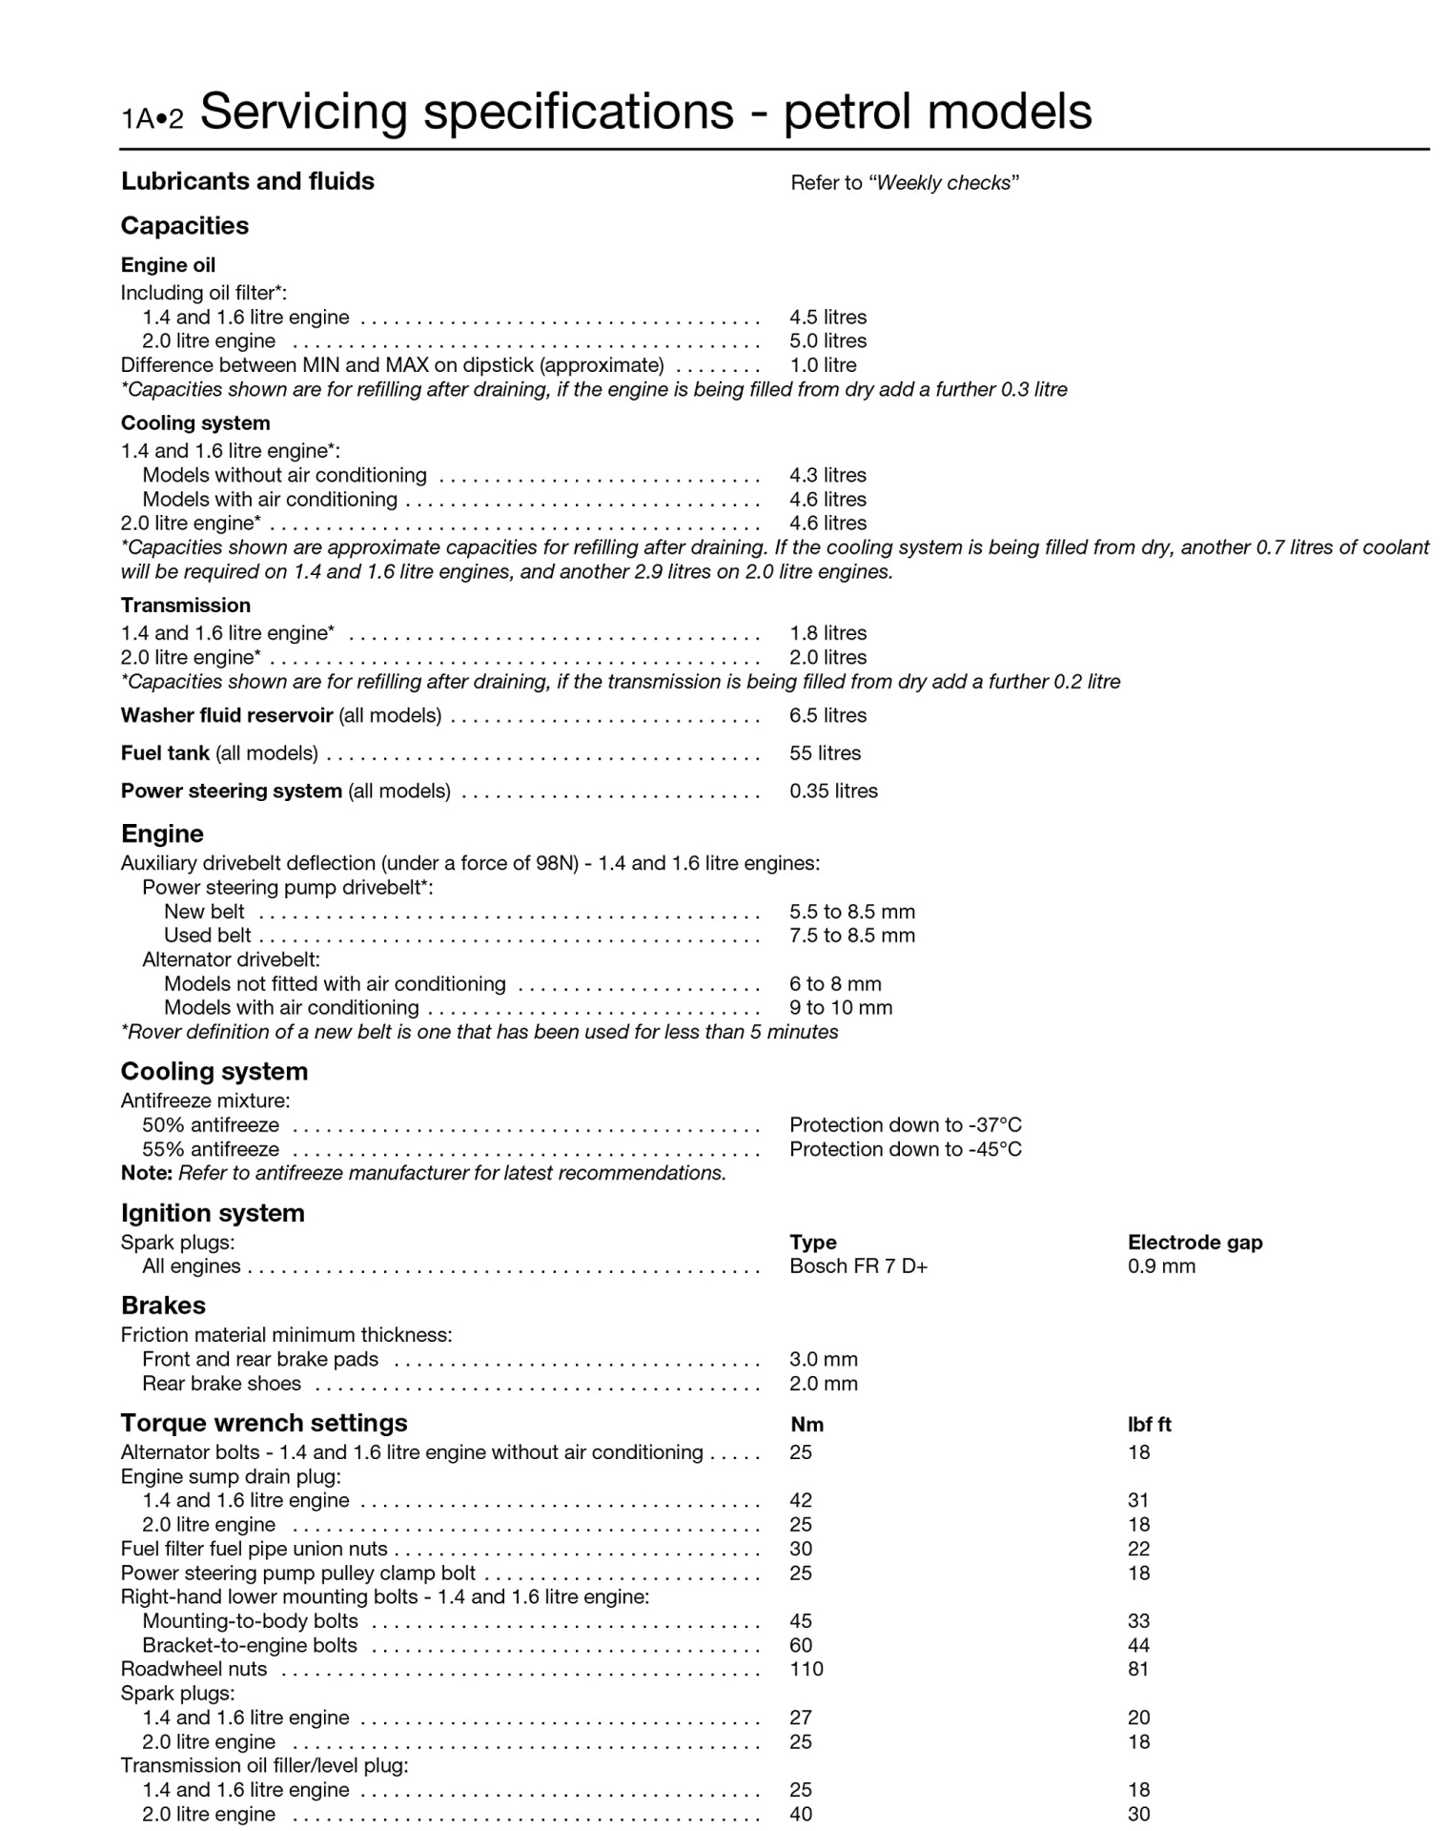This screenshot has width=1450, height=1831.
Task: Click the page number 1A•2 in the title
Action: [152, 118]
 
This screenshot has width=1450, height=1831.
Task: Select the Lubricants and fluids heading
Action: [247, 181]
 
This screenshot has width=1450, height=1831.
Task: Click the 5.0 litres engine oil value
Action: [827, 341]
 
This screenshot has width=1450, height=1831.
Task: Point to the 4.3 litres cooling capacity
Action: [827, 475]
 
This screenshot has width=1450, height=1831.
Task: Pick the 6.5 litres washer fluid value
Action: [827, 715]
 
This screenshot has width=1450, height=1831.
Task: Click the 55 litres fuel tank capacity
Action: [825, 753]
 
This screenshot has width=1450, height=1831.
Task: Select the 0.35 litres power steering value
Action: [833, 791]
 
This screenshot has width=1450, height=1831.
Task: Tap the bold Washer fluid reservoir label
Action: [226, 715]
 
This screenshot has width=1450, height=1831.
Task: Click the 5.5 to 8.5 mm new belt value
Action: [851, 912]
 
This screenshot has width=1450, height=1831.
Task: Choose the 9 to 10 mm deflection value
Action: [841, 1008]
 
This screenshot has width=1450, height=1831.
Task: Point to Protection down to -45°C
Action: [905, 1149]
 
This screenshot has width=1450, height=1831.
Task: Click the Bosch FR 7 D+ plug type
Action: [858, 1266]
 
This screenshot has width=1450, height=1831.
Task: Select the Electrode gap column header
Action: [1195, 1243]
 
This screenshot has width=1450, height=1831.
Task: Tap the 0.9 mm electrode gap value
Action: [1161, 1266]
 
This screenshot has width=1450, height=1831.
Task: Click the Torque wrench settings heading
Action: [263, 1423]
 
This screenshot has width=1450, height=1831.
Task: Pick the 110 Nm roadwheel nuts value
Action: [806, 1670]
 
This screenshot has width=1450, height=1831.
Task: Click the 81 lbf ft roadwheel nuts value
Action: [1138, 1670]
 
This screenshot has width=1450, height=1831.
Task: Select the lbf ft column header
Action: [1149, 1425]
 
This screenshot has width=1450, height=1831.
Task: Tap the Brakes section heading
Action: [163, 1306]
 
